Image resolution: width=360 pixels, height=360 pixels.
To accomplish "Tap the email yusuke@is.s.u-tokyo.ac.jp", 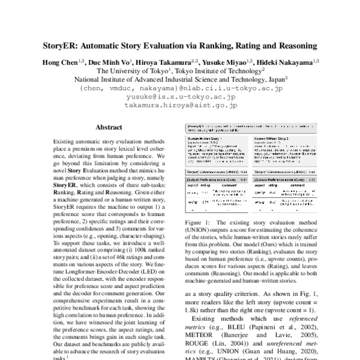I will (x=181, y=95).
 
